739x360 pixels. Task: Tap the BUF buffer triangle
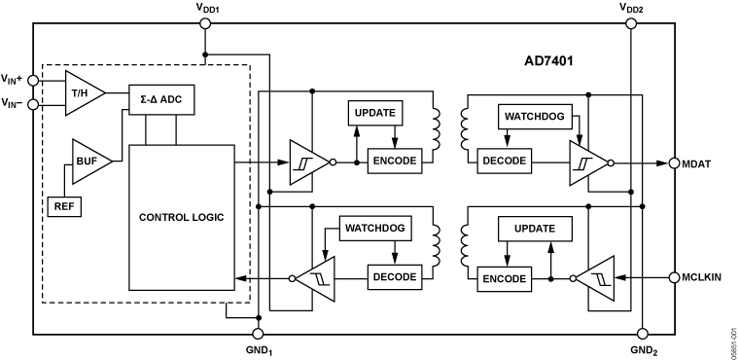[89, 161]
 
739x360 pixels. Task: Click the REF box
[64, 206]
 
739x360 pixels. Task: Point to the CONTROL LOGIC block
[181, 217]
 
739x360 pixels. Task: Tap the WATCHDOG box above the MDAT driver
[532, 118]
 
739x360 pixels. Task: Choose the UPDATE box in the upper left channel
[374, 113]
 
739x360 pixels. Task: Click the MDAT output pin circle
[674, 162]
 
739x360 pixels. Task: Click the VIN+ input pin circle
[34, 81]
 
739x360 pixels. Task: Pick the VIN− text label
[14, 103]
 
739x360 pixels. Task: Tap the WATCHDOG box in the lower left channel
[375, 230]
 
